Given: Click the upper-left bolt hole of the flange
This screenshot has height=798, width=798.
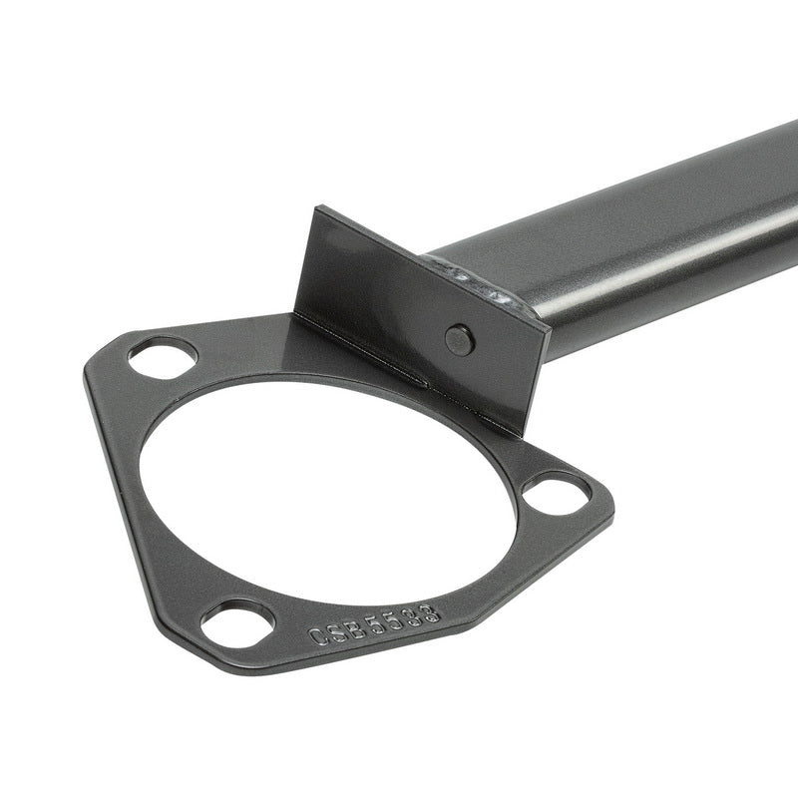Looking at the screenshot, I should [163, 356].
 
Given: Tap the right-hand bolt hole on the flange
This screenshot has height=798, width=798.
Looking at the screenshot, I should [557, 492].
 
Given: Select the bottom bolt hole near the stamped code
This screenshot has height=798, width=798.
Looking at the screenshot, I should [237, 623].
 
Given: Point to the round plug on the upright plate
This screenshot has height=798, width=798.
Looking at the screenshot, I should [459, 340].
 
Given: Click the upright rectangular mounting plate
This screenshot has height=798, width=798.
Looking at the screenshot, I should [419, 319].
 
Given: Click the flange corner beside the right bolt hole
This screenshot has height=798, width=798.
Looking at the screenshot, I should [606, 499].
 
